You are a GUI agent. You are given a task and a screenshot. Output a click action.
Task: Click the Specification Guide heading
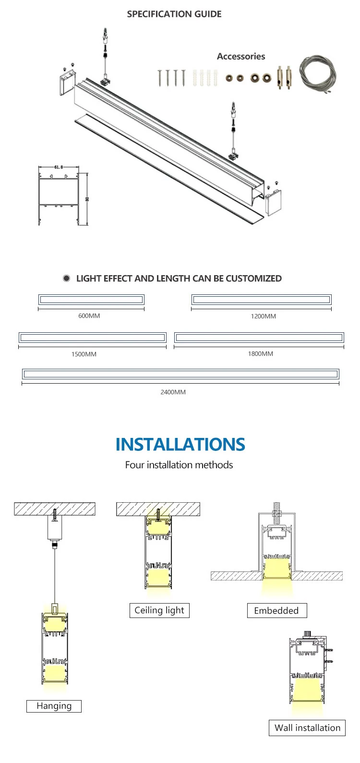[174, 14]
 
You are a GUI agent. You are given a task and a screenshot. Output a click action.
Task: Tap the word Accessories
[241, 56]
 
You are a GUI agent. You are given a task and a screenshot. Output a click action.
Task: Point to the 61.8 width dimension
[58, 167]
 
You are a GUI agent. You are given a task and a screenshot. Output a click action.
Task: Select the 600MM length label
[89, 316]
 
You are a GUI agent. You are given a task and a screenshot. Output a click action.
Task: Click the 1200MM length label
[263, 316]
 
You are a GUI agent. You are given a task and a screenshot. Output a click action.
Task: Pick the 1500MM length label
[84, 354]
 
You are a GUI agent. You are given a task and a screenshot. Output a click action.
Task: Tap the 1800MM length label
[260, 354]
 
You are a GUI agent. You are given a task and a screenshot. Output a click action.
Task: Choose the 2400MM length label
[173, 392]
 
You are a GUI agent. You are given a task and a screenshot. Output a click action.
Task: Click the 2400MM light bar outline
[180, 374]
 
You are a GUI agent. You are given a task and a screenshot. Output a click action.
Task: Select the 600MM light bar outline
[91, 300]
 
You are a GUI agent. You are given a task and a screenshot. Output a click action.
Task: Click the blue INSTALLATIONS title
[180, 445]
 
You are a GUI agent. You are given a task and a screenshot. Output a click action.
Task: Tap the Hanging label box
[54, 706]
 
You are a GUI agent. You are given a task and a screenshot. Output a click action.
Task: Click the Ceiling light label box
[159, 610]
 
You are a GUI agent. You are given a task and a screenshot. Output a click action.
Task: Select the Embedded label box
[276, 611]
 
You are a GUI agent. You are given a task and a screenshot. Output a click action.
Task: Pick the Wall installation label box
[307, 728]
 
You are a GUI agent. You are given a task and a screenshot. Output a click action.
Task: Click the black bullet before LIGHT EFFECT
[67, 279]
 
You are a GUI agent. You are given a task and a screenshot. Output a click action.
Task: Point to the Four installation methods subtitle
[179, 465]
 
